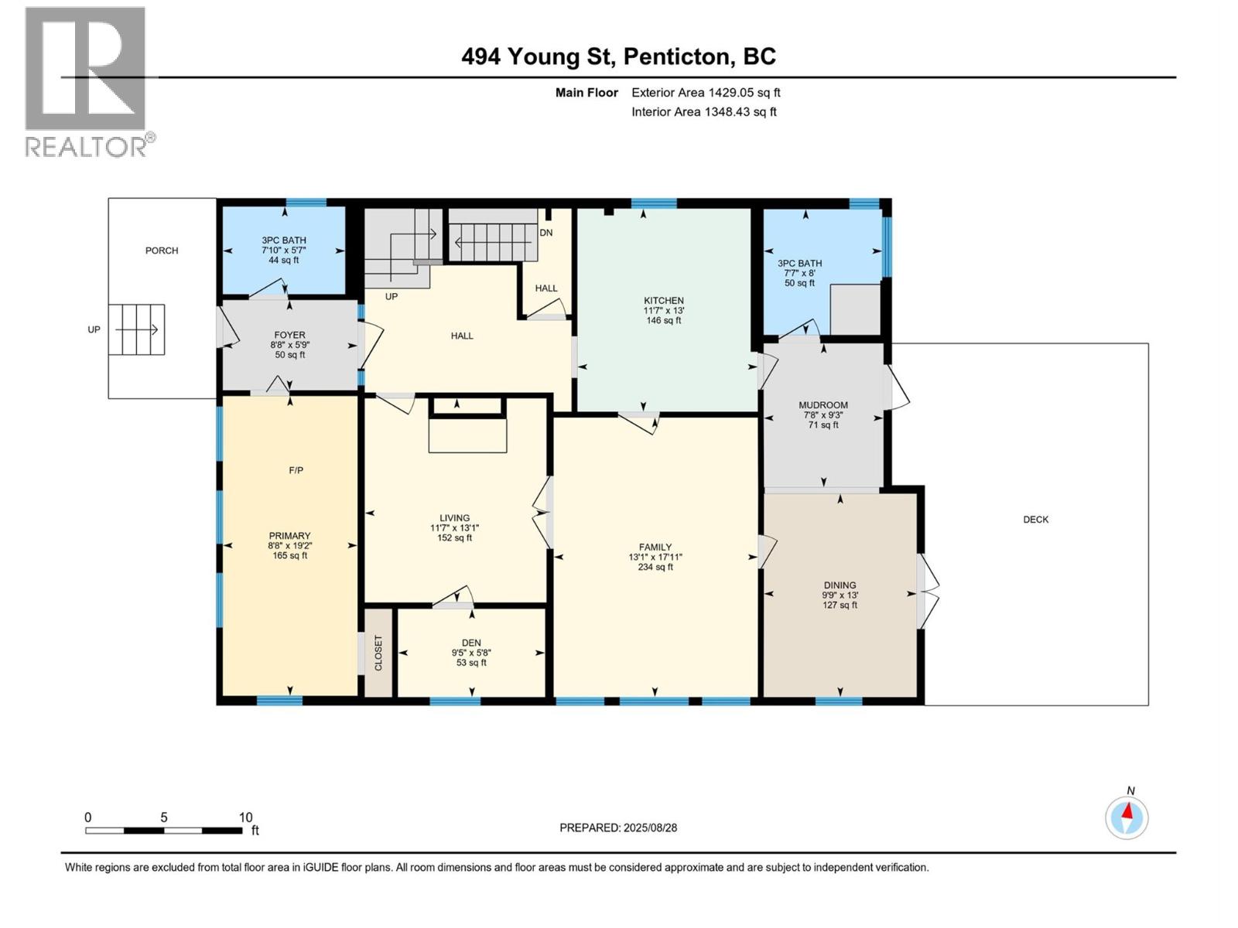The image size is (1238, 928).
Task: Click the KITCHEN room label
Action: pyautogui.click(x=664, y=301)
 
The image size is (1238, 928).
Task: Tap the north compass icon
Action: pyautogui.click(x=1127, y=817)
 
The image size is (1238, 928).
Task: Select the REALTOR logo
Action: pyautogui.click(x=86, y=81)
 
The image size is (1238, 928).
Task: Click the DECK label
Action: pyautogui.click(x=1035, y=520)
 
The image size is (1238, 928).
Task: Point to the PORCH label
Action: pyautogui.click(x=162, y=251)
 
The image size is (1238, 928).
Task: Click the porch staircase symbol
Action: pyautogui.click(x=136, y=329)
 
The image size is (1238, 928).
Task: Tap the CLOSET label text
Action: pyautogui.click(x=378, y=653)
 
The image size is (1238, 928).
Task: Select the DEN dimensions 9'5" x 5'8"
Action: pyautogui.click(x=471, y=653)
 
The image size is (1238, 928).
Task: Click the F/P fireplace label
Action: pyautogui.click(x=296, y=470)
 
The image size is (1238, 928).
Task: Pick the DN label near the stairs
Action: pyautogui.click(x=546, y=233)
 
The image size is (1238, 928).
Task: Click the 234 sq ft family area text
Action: pyautogui.click(x=655, y=567)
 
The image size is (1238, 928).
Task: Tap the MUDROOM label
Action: pyautogui.click(x=823, y=405)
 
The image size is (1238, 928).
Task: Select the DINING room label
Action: pyautogui.click(x=840, y=585)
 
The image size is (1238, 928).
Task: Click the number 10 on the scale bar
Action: pyautogui.click(x=245, y=817)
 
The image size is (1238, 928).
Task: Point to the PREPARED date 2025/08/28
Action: pyautogui.click(x=618, y=827)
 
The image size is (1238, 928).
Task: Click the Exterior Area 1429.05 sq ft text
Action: pyautogui.click(x=706, y=93)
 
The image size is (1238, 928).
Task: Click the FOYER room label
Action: pyautogui.click(x=289, y=336)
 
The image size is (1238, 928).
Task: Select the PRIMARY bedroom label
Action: pyautogui.click(x=289, y=536)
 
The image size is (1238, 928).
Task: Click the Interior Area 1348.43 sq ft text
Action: pyautogui.click(x=703, y=112)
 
